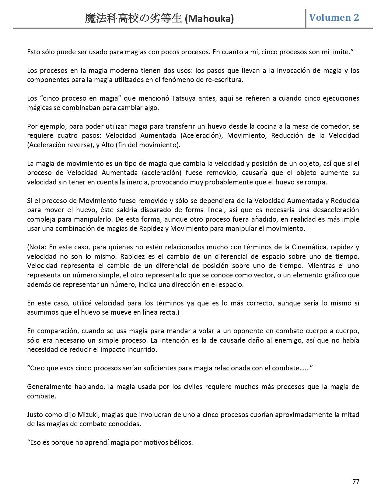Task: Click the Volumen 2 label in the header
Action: [334, 17]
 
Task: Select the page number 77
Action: [356, 481]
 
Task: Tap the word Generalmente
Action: [49, 387]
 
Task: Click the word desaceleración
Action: [335, 210]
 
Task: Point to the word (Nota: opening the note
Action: [37, 247]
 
